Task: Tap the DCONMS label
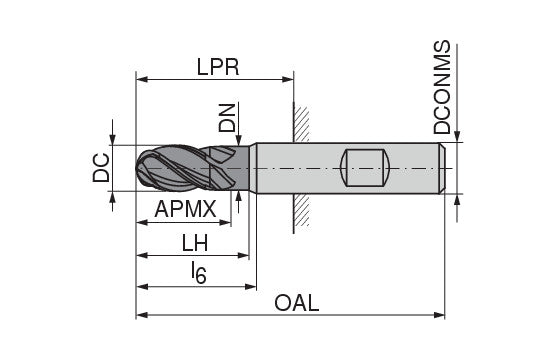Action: (x=443, y=89)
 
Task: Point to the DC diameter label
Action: (x=101, y=167)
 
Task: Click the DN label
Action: (x=227, y=119)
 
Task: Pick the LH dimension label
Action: (x=195, y=242)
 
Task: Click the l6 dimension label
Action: (x=198, y=272)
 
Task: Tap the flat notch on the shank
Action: (x=364, y=168)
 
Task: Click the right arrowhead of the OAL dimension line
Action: (x=439, y=315)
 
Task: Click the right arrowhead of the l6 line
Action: (x=250, y=285)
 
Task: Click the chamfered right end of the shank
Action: (x=441, y=168)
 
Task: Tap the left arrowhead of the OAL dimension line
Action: (x=141, y=315)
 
